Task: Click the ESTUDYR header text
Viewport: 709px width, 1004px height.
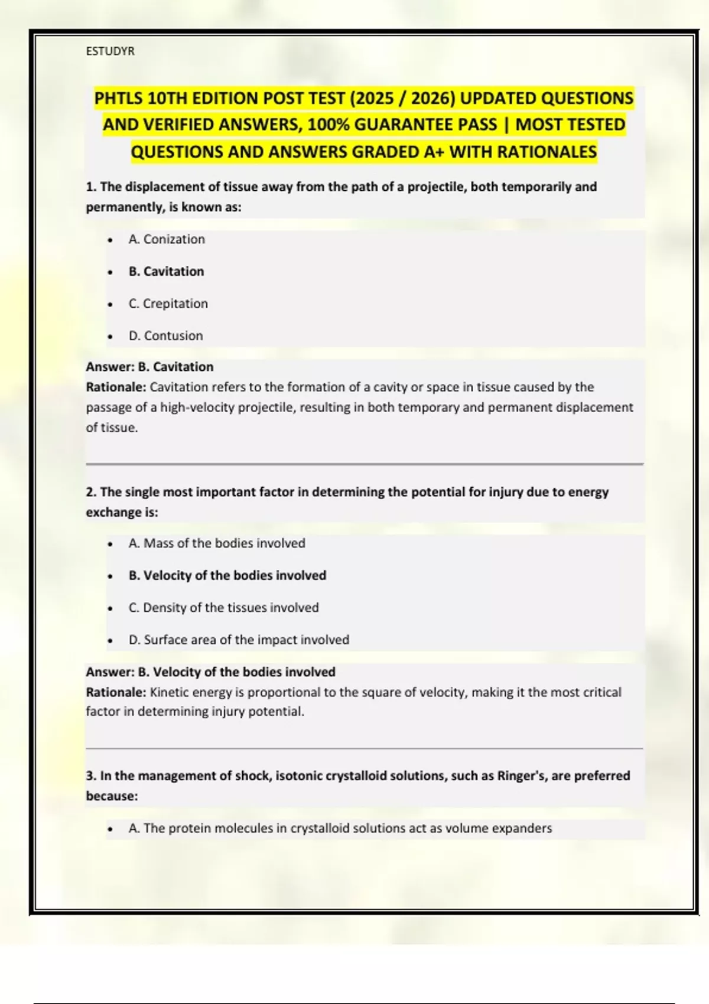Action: click(110, 51)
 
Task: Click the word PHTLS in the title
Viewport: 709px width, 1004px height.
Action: click(118, 98)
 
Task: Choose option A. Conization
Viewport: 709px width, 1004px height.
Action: click(167, 239)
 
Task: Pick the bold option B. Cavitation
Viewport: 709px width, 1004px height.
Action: click(166, 272)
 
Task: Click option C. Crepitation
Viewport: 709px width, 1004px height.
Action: click(168, 304)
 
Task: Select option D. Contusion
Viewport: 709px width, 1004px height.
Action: click(165, 336)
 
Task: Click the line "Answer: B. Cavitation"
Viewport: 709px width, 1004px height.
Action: click(149, 367)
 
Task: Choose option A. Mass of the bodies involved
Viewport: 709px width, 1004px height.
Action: click(217, 543)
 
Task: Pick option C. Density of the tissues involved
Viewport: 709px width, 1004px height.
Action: click(223, 608)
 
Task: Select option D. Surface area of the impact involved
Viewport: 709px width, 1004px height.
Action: click(239, 640)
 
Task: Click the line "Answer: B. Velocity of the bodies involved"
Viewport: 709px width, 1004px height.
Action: click(210, 672)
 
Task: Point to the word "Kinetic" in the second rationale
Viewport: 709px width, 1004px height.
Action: click(170, 692)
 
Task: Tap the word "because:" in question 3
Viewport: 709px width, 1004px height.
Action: click(112, 796)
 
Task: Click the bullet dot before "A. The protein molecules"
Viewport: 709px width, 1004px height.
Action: click(110, 829)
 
